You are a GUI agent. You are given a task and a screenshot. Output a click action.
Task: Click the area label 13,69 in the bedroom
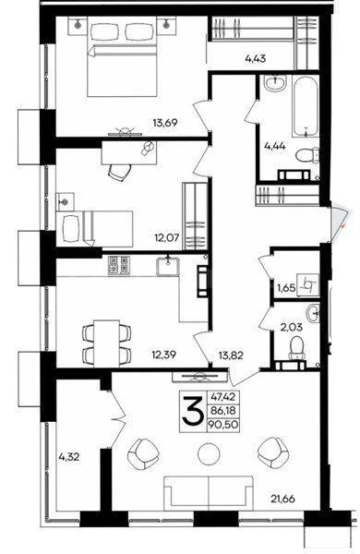pyautogui.click(x=164, y=123)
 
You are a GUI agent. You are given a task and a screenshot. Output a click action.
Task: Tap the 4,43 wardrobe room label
pyautogui.click(x=255, y=59)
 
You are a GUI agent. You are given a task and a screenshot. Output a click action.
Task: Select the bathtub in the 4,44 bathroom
pyautogui.click(x=306, y=107)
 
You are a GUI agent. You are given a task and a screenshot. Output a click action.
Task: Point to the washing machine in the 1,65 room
pyautogui.click(x=308, y=284)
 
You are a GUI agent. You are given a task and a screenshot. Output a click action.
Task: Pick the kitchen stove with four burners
pyautogui.click(x=119, y=266)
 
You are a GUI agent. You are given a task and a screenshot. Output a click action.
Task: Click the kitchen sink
pyautogui.click(x=168, y=266)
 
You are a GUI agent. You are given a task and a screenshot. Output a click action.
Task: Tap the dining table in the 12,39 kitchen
pyautogui.click(x=106, y=343)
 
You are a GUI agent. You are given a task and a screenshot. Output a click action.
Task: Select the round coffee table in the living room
pyautogui.click(x=209, y=454)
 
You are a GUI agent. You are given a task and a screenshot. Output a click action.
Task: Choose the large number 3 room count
pyautogui.click(x=193, y=411)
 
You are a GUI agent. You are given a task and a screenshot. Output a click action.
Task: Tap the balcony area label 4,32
pyautogui.click(x=69, y=457)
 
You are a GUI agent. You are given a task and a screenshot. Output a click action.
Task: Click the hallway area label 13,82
pyautogui.click(x=231, y=355)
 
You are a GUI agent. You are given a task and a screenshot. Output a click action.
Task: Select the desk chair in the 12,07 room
pyautogui.click(x=120, y=172)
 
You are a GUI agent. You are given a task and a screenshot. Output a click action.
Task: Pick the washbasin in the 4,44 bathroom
pyautogui.click(x=276, y=83)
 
